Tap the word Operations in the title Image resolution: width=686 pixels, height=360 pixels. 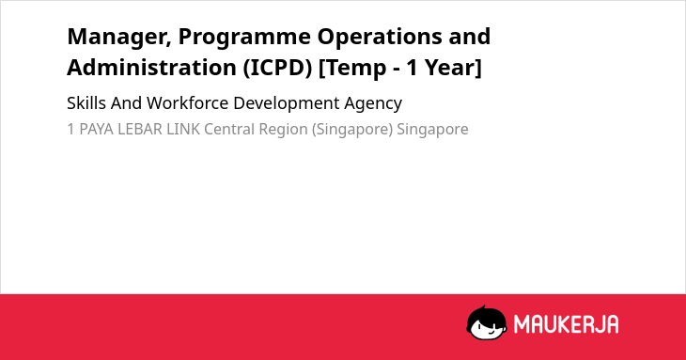(x=380, y=38)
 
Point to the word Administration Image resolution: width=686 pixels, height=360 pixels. (x=152, y=68)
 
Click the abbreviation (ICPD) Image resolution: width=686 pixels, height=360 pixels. (x=278, y=69)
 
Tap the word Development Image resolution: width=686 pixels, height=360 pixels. (x=286, y=104)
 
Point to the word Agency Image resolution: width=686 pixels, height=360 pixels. (x=373, y=104)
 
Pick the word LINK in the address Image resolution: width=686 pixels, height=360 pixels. (x=183, y=130)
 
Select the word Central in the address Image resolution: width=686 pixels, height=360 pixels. (x=229, y=130)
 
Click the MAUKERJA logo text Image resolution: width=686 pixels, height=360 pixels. (x=566, y=324)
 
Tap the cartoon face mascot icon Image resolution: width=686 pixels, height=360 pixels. (x=487, y=322)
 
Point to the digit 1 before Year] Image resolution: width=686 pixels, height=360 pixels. (x=413, y=69)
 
